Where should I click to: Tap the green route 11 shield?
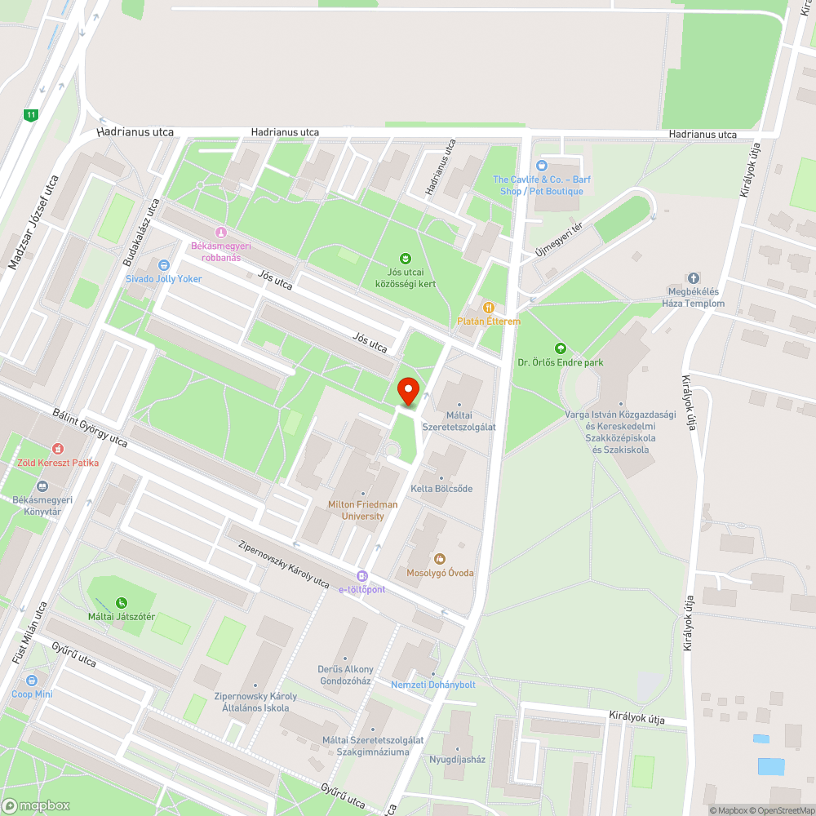tap(31, 115)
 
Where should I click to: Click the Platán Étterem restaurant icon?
tap(488, 308)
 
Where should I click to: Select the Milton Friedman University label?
tap(363, 510)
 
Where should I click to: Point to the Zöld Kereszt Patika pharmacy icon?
tap(58, 449)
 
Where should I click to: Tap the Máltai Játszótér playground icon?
tap(122, 602)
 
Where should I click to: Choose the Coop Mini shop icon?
tap(32, 680)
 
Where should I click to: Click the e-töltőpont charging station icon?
tap(362, 575)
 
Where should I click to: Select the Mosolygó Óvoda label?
tap(440, 573)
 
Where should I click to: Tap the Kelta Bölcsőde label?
tap(441, 489)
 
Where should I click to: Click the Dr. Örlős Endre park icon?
tap(560, 348)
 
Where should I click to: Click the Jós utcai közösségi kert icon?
tap(405, 259)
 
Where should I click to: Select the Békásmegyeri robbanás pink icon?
tap(219, 232)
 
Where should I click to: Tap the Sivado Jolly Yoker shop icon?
tap(163, 264)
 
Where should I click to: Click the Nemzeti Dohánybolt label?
tap(433, 685)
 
